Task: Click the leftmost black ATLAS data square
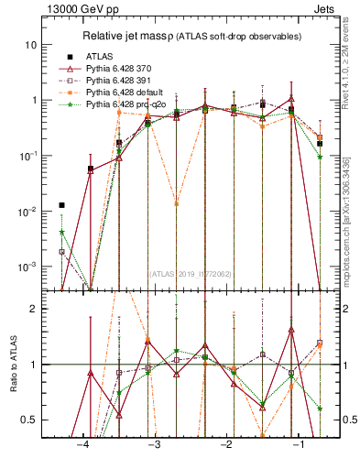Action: (x=62, y=205)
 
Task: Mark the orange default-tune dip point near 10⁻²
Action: (x=176, y=203)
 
